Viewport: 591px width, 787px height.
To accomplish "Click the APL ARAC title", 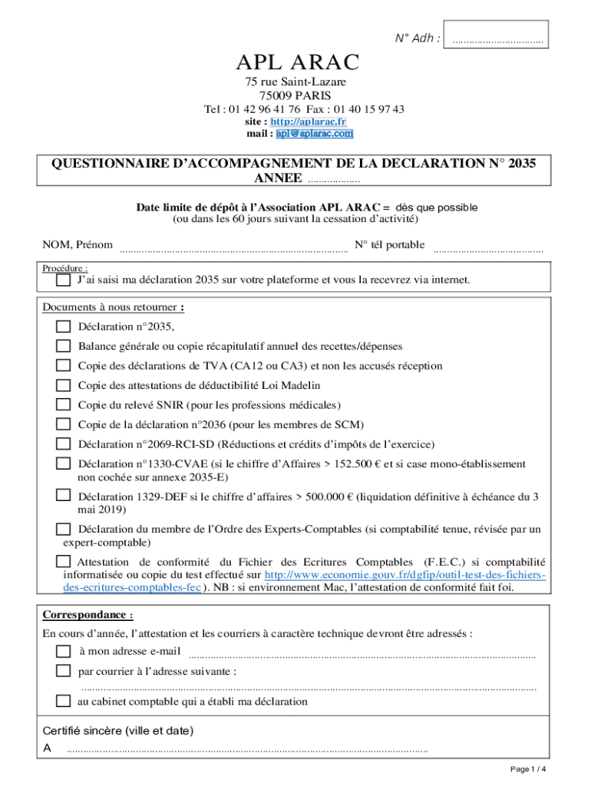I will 297,62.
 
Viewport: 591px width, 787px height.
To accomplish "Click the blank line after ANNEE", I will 334,180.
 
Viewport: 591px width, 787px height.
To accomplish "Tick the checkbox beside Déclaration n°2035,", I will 63,327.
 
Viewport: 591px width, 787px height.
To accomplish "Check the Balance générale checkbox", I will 63,347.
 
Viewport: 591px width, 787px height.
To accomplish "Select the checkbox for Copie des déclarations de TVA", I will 63,366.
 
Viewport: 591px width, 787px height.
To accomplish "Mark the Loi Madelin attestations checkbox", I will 63,385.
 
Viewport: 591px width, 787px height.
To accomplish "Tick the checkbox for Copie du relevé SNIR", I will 63,405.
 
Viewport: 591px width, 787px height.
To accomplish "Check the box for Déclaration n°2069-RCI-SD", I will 63,444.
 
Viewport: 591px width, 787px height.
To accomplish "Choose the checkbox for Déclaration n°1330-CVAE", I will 63,463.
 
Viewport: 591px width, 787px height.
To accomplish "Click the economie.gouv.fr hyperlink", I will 404,575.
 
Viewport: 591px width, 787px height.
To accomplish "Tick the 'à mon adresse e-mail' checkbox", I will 63,651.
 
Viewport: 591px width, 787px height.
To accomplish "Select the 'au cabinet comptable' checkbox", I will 63,701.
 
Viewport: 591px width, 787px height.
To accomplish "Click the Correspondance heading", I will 87,615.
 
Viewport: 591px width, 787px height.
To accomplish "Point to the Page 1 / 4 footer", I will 528,769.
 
